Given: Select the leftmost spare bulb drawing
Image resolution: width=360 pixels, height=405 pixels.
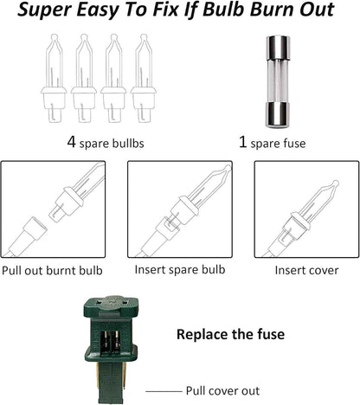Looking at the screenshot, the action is [x=54, y=79].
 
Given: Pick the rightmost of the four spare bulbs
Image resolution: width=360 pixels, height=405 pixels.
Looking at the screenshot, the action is [x=144, y=79].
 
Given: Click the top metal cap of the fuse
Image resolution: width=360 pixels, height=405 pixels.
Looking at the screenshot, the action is [x=278, y=48].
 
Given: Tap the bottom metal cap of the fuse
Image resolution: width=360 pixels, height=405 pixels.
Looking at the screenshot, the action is [x=278, y=114].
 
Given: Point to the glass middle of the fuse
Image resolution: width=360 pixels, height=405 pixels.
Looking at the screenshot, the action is [x=278, y=80].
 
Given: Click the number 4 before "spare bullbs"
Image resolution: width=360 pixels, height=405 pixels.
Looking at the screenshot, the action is [x=71, y=142].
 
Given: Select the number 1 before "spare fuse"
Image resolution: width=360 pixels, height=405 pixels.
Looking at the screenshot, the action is [x=243, y=142].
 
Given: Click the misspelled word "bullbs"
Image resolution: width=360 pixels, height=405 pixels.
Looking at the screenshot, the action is [x=127, y=144].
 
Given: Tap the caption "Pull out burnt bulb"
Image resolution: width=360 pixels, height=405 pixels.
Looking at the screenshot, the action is [x=52, y=271].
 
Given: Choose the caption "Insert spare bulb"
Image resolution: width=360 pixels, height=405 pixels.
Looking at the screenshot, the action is [x=180, y=270].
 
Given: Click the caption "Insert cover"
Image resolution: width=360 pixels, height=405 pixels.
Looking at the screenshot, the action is [x=306, y=270].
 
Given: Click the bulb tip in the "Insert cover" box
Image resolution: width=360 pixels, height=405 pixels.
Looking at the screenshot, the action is [x=336, y=183].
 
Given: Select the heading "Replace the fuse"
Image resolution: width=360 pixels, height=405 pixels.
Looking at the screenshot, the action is [x=230, y=334].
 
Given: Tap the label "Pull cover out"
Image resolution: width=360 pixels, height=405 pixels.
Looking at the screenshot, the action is [x=222, y=391].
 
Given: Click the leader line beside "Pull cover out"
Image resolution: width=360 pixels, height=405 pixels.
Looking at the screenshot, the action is [x=164, y=391].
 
